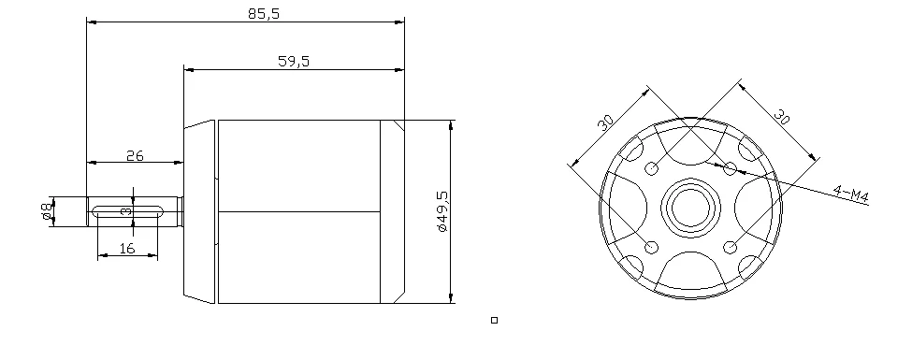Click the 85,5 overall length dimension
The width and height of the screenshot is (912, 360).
pos(264,13)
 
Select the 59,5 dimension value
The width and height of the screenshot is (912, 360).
pos(294,61)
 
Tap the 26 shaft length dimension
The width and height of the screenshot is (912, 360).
pos(135,155)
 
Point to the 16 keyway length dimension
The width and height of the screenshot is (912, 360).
pos(127,249)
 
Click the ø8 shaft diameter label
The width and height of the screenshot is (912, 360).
pos(47,211)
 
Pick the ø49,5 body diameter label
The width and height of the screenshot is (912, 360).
pos(442,210)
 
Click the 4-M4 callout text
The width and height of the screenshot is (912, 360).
pos(851,194)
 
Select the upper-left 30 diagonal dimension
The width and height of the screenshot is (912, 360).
pos(605,122)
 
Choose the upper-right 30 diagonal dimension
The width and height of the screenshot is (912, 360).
pos(782,116)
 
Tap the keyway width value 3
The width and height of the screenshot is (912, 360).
pos(125,211)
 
